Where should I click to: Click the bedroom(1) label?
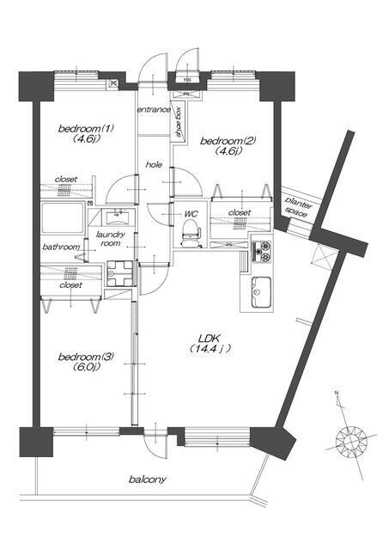pyautogui.click(x=86, y=128)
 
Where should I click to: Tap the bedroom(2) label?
pyautogui.click(x=228, y=141)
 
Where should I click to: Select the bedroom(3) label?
pyautogui.click(x=86, y=357)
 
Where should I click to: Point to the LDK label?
pyautogui.click(x=209, y=339)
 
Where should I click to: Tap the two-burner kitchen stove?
pyautogui.click(x=262, y=252)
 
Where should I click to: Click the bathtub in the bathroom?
pyautogui.click(x=63, y=217)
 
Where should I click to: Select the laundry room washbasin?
pyautogui.click(x=116, y=217)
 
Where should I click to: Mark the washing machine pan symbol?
pyautogui.click(x=120, y=273)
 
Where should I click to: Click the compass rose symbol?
pyautogui.click(x=351, y=440)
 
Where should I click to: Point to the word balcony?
pyautogui.click(x=147, y=480)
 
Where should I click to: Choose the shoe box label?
pyautogui.click(x=179, y=121)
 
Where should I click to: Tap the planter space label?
pyautogui.click(x=297, y=206)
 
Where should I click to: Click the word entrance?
pyautogui.click(x=154, y=109)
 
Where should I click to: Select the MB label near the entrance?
pyautogui.click(x=187, y=80)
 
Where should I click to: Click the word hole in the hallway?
pyautogui.click(x=154, y=164)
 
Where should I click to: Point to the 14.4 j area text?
pyautogui.click(x=210, y=349)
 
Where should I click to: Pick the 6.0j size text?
pyautogui.click(x=86, y=367)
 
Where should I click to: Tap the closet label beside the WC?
pyautogui.click(x=240, y=212)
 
